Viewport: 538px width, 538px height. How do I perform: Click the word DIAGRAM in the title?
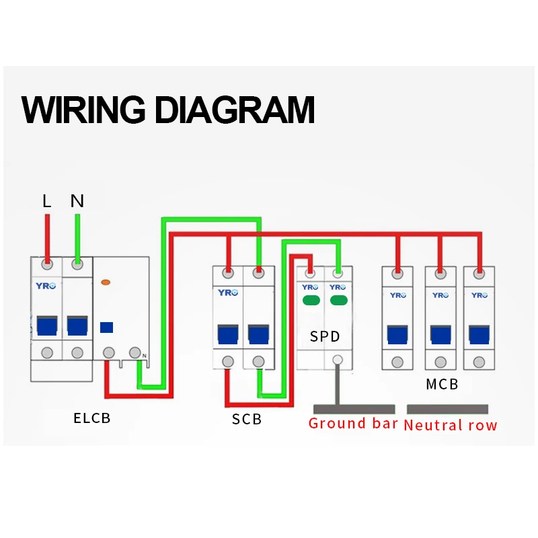pyautogui.click(x=235, y=109)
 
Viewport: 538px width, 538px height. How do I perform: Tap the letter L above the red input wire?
pyautogui.click(x=46, y=200)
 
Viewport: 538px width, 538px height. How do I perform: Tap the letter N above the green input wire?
pyautogui.click(x=77, y=200)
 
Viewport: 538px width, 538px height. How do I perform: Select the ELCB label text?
pyautogui.click(x=91, y=418)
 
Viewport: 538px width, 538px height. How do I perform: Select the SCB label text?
pyautogui.click(x=246, y=420)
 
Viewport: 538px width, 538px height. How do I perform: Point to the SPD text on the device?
pyautogui.click(x=325, y=336)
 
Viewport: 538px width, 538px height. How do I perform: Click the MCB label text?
pyautogui.click(x=442, y=385)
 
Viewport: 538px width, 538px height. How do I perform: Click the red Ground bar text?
pyautogui.click(x=352, y=424)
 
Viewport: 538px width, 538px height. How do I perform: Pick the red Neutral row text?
pyautogui.click(x=451, y=425)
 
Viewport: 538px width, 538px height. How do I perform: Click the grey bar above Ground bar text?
pyautogui.click(x=354, y=409)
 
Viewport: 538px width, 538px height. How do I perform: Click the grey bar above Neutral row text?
pyautogui.click(x=447, y=409)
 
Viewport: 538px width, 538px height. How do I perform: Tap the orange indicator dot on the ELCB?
pyautogui.click(x=104, y=283)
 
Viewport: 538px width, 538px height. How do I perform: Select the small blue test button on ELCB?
pyautogui.click(x=106, y=328)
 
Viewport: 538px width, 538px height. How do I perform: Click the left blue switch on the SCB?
pyautogui.click(x=228, y=333)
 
